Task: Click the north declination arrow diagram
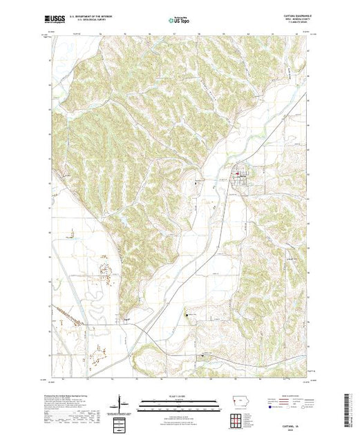pyautogui.click(x=122, y=403)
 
